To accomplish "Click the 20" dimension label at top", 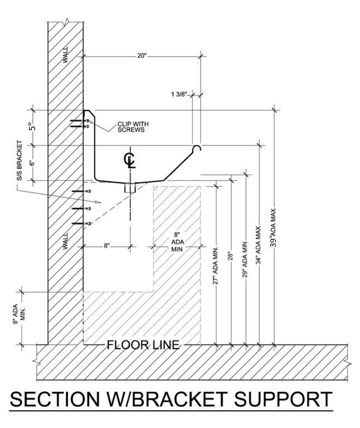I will [140, 56].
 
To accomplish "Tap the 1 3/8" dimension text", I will [179, 95].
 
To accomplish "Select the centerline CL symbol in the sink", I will [130, 160].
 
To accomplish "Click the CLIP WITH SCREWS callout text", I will [133, 127].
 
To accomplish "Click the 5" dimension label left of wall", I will [33, 127].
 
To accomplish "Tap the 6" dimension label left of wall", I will [33, 162].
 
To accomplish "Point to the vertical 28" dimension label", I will [230, 257].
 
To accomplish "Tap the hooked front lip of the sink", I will [197, 148].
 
